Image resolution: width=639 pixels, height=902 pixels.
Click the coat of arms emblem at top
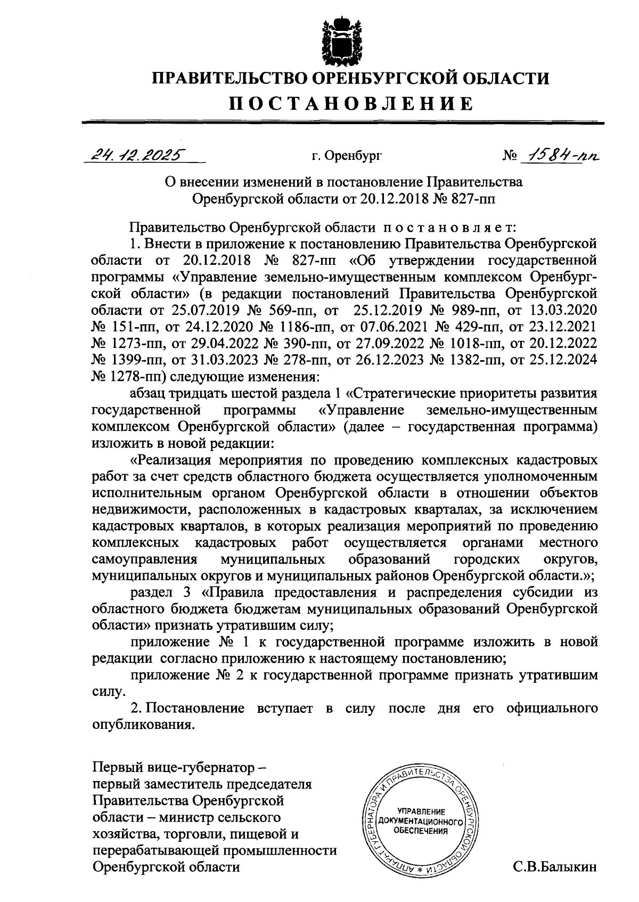(x=339, y=40)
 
